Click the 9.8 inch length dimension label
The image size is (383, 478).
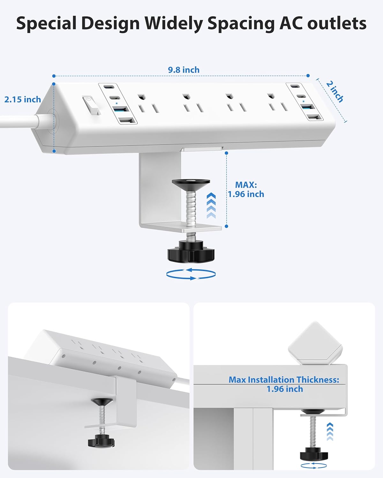pos(184,70)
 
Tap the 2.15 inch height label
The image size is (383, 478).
pos(23,99)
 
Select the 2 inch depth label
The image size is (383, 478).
pos(334,91)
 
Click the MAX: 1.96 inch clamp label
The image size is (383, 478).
pos(246,189)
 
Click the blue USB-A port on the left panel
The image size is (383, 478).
pos(121,110)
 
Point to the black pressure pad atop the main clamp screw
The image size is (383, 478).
pos(191,183)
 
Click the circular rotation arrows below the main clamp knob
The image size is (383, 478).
pos(191,274)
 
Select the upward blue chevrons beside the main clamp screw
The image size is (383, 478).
pos(211,206)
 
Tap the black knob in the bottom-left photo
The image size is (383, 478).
pos(101,441)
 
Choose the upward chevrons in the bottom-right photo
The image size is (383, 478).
pos(330,432)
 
